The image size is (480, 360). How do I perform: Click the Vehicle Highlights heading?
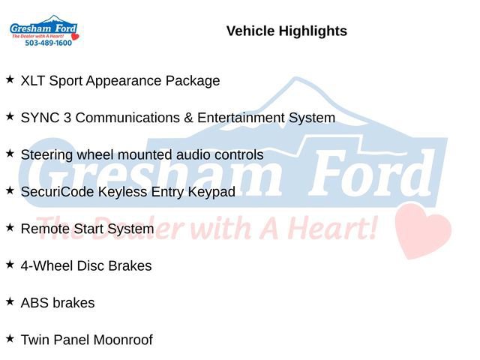[x=286, y=31]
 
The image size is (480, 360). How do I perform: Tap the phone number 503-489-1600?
[x=48, y=43]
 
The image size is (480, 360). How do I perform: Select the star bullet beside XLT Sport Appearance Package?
[x=10, y=79]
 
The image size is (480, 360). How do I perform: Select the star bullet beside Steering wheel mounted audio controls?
[x=10, y=153]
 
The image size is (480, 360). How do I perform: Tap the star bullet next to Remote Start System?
[x=10, y=226]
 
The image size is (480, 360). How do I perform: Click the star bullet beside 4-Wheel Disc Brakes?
[x=10, y=264]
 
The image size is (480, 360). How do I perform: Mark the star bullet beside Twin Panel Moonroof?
[x=10, y=337]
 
